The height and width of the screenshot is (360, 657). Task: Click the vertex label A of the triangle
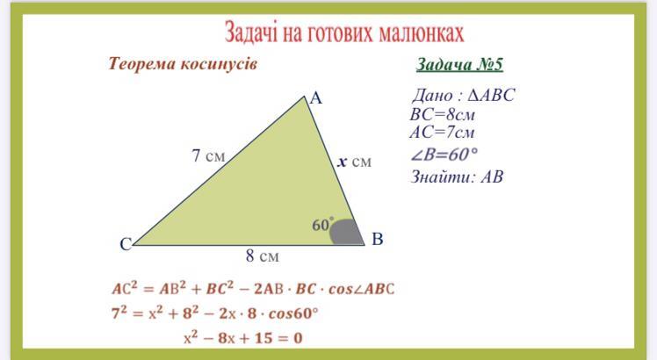pos(316,98)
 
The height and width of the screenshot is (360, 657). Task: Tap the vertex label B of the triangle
pos(377,239)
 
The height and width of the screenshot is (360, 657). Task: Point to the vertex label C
pos(126,244)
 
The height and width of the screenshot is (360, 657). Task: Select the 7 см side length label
pos(208,155)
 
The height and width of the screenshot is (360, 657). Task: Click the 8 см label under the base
pos(263,256)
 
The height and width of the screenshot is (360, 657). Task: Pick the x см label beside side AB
pos(355,162)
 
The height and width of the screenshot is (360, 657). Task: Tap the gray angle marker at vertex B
pos(346,232)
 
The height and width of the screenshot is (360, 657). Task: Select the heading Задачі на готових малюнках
pos(344,32)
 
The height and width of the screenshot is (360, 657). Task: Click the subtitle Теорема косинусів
pos(183,64)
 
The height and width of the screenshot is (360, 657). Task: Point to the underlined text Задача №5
pos(459,65)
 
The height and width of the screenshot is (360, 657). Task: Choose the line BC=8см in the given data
pos(443,114)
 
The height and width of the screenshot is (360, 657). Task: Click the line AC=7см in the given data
pos(443,133)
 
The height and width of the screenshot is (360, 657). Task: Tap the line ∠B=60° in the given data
pos(444,155)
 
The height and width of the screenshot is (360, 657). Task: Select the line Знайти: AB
pos(457,176)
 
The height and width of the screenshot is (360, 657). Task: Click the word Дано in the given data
pos(433,96)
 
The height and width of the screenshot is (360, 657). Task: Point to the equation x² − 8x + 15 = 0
pos(243,338)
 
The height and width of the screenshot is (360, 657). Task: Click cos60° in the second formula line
pos(293,313)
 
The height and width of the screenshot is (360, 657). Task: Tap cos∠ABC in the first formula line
pos(361,289)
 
